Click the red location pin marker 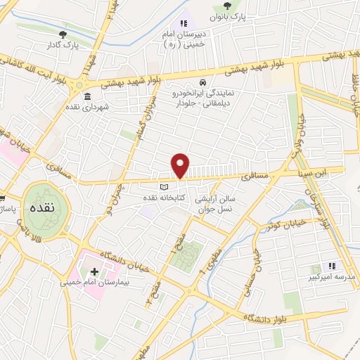pyautogui.click(x=181, y=165)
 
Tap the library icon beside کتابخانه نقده pyautogui.click(x=164, y=187)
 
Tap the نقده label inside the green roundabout pyautogui.click(x=44, y=210)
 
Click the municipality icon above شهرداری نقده pyautogui.click(x=87, y=96)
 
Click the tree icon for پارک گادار pyautogui.click(x=63, y=33)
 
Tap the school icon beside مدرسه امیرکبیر pyautogui.click(x=334, y=266)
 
